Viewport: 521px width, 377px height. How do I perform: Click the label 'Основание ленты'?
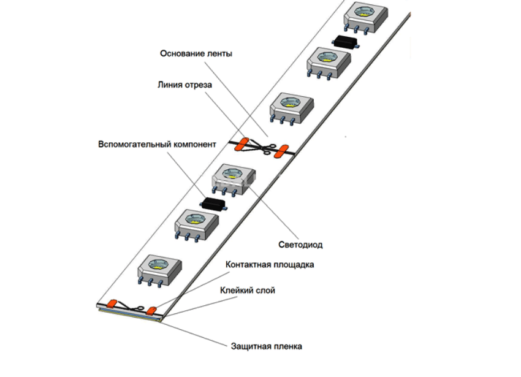tap(196, 53)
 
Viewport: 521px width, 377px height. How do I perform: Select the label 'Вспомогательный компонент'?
tap(157, 145)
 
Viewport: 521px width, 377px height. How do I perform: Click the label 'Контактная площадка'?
tap(270, 265)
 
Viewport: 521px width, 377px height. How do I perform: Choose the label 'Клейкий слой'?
tap(248, 289)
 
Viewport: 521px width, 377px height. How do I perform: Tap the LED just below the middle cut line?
tap(232, 178)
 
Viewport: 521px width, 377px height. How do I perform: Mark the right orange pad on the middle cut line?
tap(282, 150)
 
